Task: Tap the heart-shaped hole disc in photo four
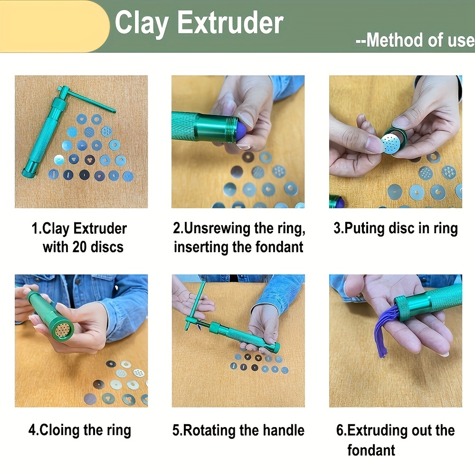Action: coord(108,398)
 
